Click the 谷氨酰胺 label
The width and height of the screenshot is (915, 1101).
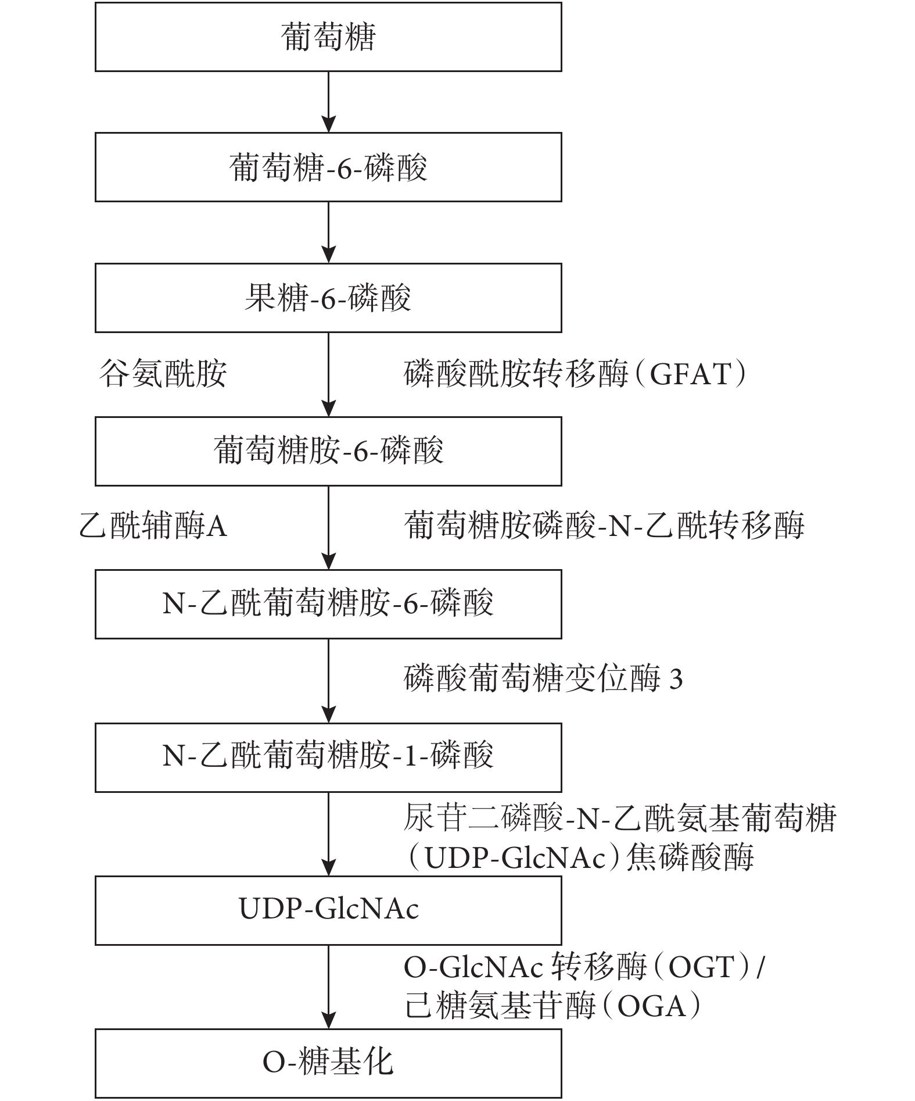tap(163, 373)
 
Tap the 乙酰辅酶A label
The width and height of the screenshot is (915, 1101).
tap(153, 526)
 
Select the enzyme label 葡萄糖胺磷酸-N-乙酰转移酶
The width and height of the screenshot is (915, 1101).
tap(604, 526)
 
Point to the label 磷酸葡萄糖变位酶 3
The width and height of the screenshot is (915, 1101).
tap(543, 679)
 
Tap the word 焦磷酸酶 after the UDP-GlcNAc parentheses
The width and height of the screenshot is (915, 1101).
tap(690, 857)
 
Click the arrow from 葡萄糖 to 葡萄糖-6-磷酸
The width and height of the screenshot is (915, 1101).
tap(329, 102)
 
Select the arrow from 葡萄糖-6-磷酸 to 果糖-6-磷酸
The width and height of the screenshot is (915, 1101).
tap(329, 233)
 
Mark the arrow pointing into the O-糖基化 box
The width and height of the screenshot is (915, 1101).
tap(329, 987)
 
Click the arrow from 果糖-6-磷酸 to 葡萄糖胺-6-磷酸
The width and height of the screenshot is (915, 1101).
tap(329, 374)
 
